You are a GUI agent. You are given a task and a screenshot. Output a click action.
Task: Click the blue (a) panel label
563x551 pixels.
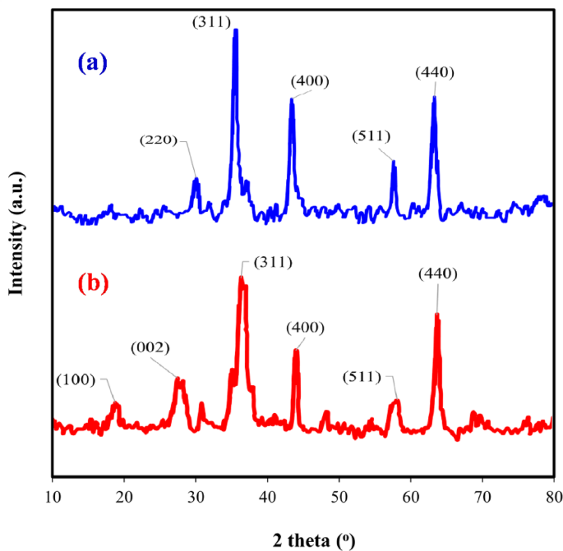click(93, 62)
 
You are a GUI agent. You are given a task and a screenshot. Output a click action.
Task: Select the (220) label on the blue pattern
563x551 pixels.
click(157, 140)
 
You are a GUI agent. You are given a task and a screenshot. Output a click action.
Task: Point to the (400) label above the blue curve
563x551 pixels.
click(310, 80)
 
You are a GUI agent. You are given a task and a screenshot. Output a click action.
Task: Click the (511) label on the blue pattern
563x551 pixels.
click(369, 135)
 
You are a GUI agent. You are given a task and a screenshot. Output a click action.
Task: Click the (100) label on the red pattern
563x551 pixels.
click(76, 379)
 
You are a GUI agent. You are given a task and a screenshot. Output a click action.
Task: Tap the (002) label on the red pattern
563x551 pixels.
click(150, 347)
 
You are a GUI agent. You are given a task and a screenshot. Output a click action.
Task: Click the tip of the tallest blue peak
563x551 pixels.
click(236, 31)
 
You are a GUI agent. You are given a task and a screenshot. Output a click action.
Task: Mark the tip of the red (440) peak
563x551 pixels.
click(437, 315)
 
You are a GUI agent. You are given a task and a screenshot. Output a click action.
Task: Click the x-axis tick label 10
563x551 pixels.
click(52, 496)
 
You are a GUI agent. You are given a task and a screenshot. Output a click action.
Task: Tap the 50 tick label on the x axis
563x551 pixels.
click(339, 496)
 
